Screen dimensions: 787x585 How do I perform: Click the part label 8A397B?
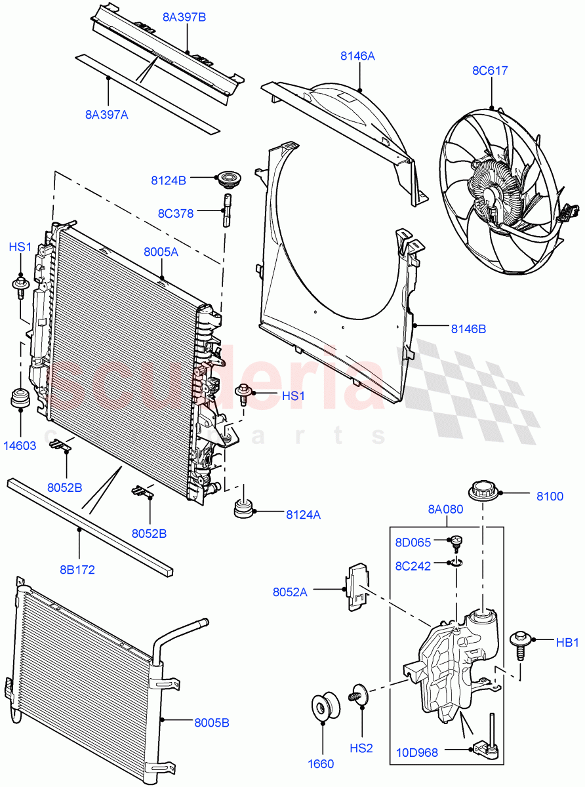click(184, 16)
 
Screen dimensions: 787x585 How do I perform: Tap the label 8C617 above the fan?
click(490, 70)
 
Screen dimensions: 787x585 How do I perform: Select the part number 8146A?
click(357, 56)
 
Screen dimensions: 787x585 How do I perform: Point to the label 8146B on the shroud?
click(468, 329)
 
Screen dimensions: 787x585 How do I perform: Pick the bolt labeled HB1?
click(520, 641)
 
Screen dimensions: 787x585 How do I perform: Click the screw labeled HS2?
click(358, 693)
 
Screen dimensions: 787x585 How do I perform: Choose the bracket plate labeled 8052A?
click(357, 586)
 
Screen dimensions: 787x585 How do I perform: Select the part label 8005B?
click(211, 723)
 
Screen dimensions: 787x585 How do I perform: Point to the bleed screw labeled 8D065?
click(456, 542)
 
